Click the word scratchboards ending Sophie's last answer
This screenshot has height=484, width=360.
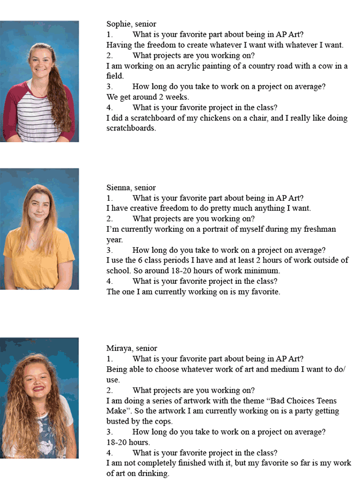coord(131,128)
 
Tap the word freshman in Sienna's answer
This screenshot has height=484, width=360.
coord(318,229)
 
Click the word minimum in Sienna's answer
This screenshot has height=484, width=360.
coord(263,271)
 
